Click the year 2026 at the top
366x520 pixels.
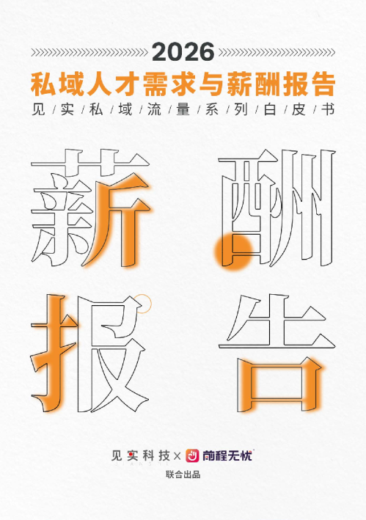[183, 52]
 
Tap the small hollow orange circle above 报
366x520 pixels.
[144, 299]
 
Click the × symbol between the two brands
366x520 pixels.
[176, 455]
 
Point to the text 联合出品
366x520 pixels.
[183, 475]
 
